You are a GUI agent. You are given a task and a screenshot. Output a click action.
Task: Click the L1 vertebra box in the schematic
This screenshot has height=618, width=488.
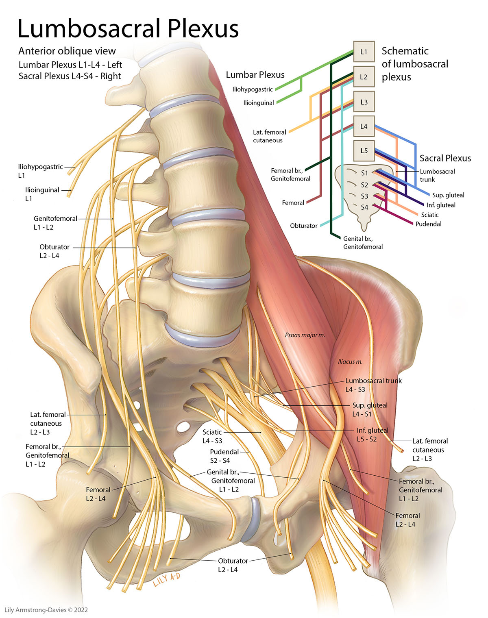click(364, 52)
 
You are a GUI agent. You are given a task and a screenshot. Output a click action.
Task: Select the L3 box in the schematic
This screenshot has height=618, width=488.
click(364, 102)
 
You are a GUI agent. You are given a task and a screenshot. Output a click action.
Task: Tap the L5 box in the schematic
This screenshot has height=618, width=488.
click(364, 151)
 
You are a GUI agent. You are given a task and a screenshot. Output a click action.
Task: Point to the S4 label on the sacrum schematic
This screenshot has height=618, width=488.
click(364, 207)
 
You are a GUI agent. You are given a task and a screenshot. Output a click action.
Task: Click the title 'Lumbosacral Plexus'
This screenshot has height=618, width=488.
click(128, 28)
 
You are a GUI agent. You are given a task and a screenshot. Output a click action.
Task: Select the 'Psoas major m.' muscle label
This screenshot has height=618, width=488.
click(305, 335)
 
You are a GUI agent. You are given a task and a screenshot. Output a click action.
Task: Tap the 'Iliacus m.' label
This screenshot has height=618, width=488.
click(350, 361)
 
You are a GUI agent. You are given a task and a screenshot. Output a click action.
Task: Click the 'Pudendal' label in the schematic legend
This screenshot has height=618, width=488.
click(428, 224)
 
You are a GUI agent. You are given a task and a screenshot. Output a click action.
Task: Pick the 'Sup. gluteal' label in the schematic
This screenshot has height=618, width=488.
click(448, 195)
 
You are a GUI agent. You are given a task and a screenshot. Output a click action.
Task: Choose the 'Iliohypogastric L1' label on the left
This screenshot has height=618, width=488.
click(40, 171)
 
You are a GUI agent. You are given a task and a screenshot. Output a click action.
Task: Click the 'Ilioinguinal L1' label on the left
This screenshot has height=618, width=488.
click(42, 194)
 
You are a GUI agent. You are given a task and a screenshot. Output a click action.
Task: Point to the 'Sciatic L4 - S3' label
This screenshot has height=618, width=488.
click(212, 436)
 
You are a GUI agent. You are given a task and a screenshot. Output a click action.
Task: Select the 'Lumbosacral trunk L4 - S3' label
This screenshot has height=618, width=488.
click(373, 385)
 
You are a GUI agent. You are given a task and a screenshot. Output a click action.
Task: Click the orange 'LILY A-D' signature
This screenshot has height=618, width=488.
click(167, 579)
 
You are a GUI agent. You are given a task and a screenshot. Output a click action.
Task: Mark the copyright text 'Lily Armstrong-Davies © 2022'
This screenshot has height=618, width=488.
click(46, 610)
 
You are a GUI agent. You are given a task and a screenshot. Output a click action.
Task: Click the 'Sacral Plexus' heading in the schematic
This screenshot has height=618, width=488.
click(445, 158)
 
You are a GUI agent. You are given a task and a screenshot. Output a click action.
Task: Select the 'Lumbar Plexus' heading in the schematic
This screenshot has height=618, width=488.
click(255, 75)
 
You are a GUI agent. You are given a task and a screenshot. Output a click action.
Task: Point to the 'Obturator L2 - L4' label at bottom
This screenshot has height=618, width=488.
click(233, 565)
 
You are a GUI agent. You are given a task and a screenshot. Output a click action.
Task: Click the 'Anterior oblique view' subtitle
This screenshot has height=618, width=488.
click(67, 51)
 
